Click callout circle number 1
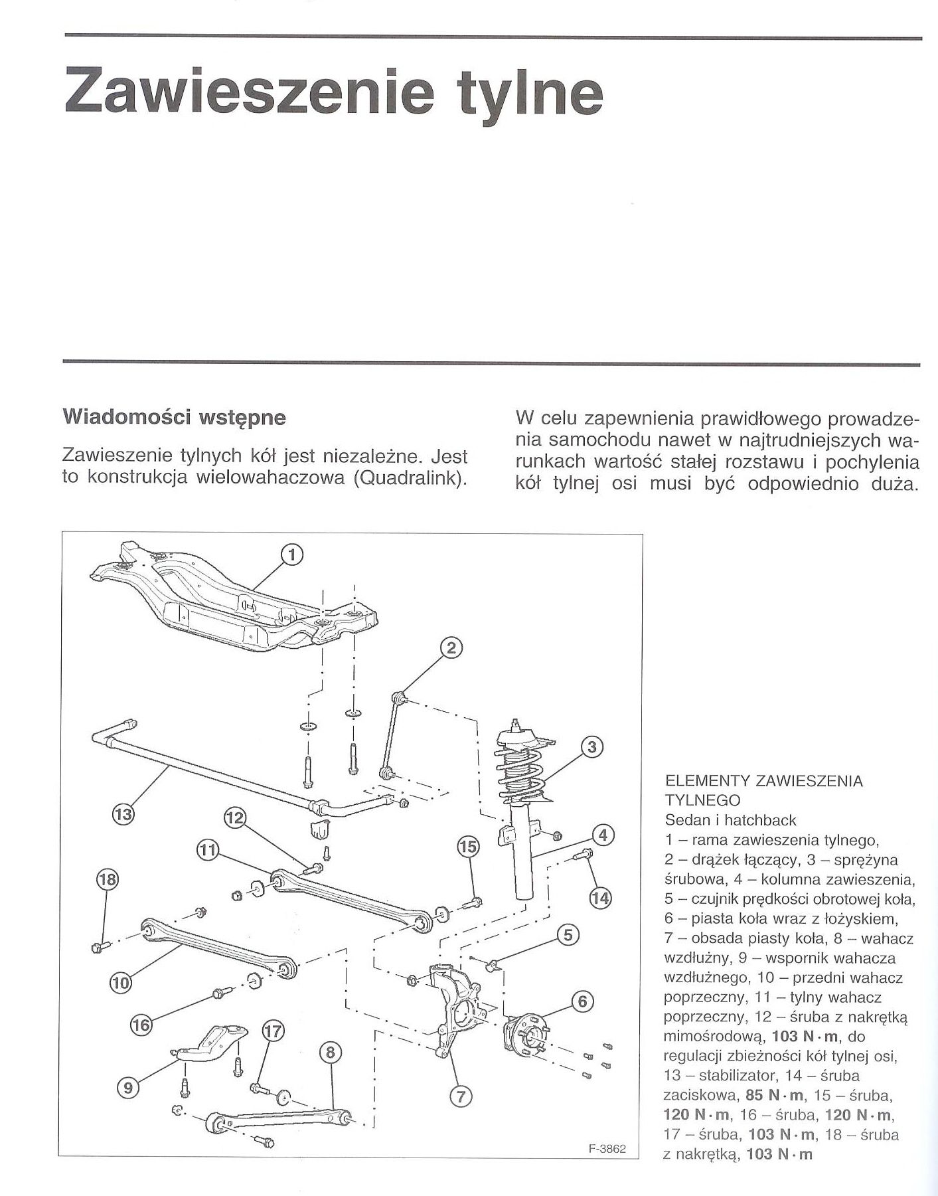click(292, 554)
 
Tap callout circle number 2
click(451, 647)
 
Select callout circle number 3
click(591, 746)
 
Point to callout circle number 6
click(582, 1001)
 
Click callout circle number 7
click(461, 1096)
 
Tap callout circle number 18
click(107, 880)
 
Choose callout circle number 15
click(468, 846)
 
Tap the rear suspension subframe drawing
click(232, 598)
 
